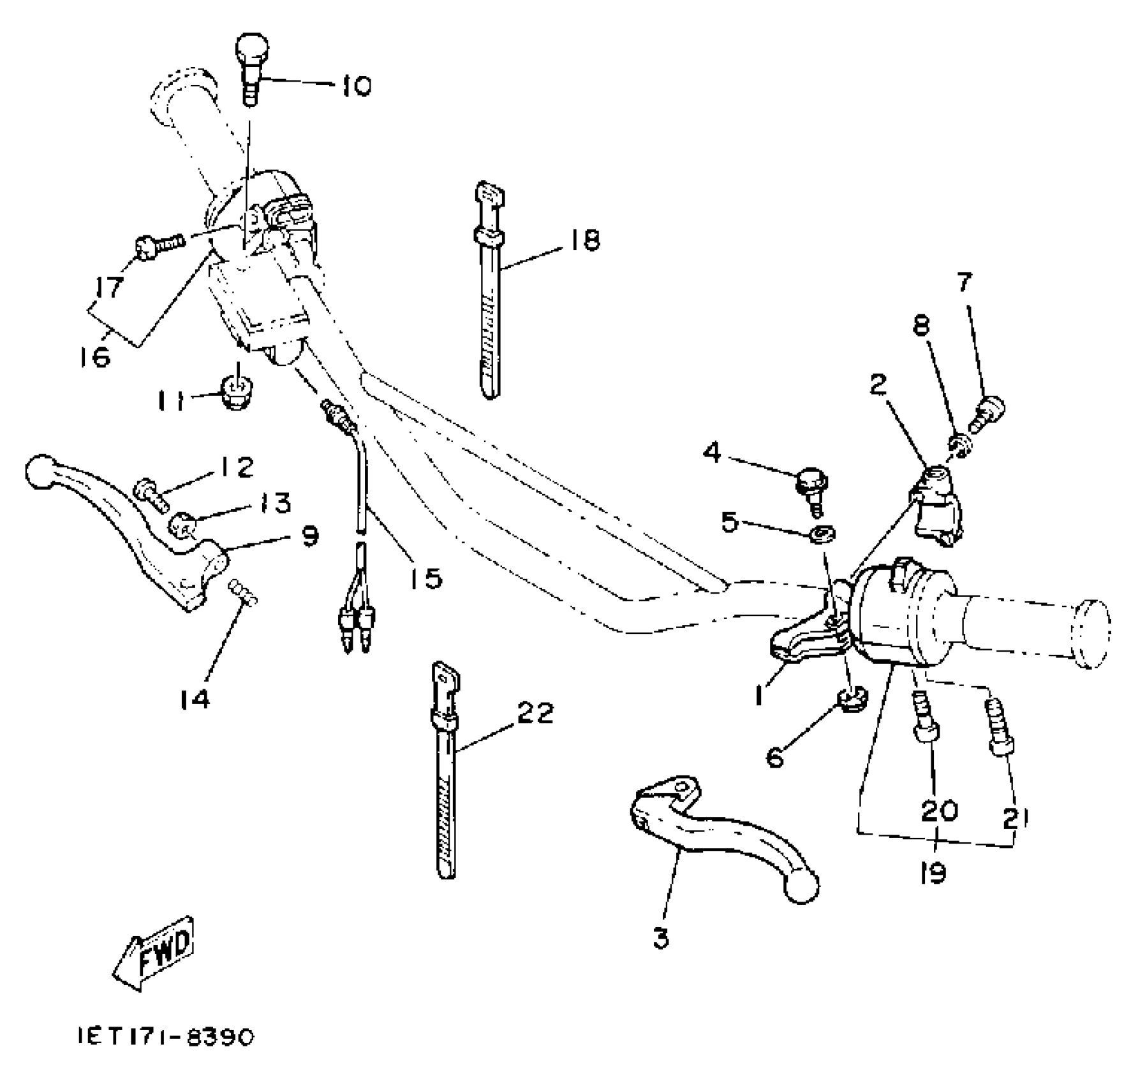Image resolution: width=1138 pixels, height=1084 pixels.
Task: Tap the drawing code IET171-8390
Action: point(165,1036)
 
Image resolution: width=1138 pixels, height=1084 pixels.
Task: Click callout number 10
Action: point(356,85)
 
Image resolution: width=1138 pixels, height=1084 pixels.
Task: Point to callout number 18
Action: point(583,240)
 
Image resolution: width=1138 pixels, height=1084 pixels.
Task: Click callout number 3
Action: point(661,939)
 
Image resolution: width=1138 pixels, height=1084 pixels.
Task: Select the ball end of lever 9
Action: point(40,472)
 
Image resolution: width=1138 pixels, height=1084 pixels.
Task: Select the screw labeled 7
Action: point(987,411)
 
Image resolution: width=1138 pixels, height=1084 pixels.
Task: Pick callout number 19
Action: point(933,872)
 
